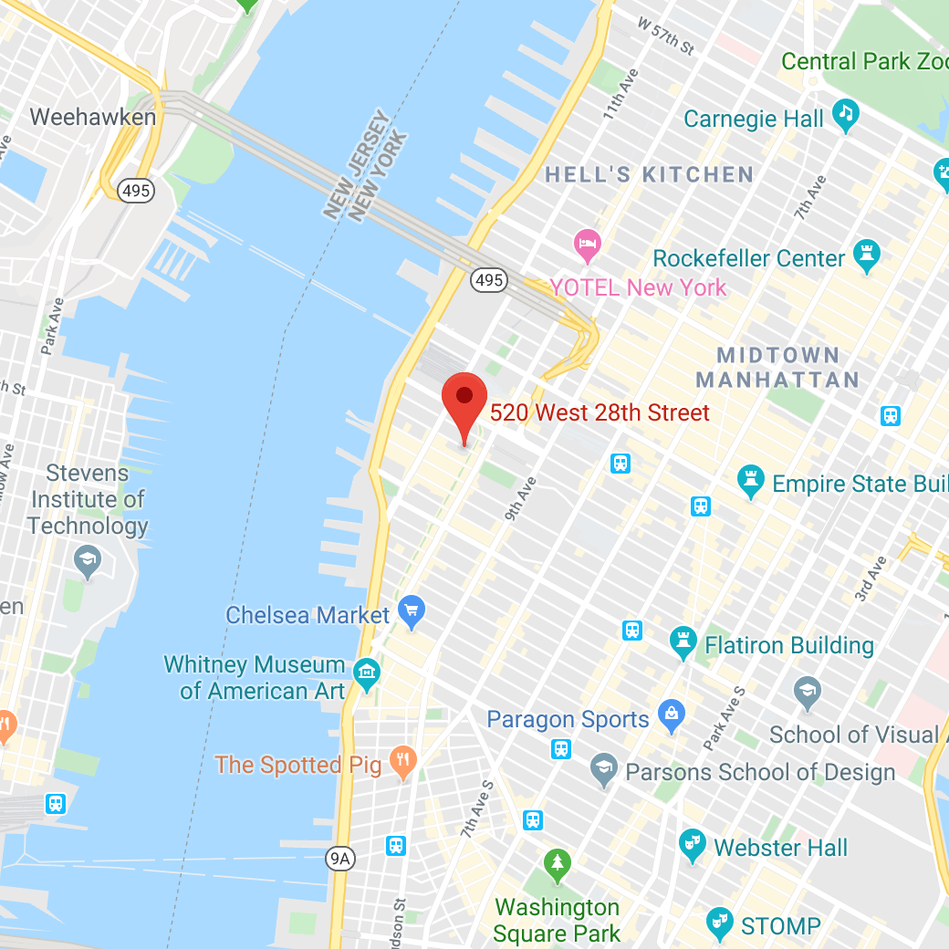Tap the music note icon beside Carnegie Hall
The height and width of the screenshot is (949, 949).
[846, 115]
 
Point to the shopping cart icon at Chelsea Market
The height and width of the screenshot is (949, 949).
[412, 611]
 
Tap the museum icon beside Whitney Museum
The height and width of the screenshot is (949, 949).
[366, 675]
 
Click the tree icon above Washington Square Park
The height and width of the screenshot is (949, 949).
[557, 863]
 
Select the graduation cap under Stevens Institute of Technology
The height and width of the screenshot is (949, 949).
[88, 561]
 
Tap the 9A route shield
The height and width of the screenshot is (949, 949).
[340, 858]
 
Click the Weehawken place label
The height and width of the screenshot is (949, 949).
[93, 118]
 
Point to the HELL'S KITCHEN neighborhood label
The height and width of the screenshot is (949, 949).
[649, 174]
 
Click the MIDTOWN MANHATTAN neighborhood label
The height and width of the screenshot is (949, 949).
[777, 367]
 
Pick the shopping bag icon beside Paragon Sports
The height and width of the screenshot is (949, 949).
[672, 716]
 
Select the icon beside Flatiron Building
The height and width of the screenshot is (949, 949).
[683, 642]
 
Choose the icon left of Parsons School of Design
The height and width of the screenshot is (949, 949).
[603, 769]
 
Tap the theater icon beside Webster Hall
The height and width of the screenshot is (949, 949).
[693, 845]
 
